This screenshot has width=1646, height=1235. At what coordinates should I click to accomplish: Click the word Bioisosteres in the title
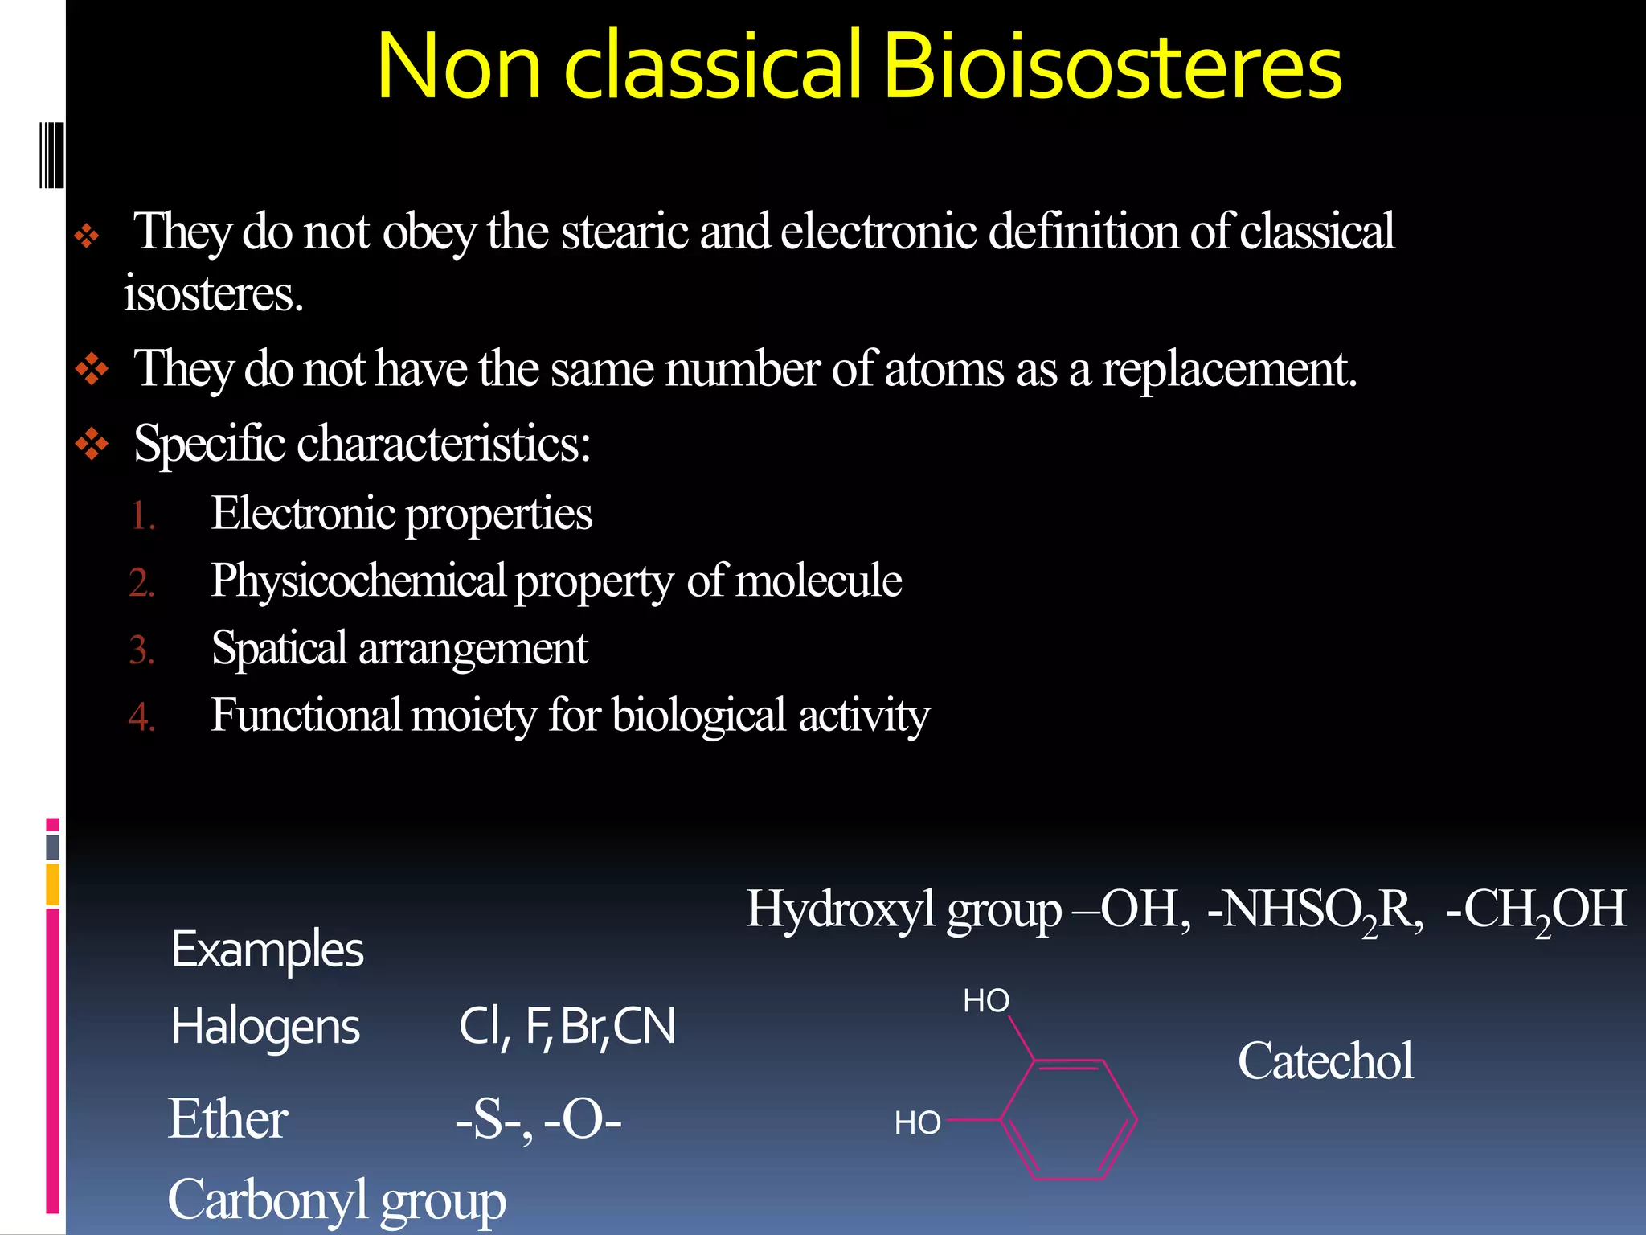click(x=1112, y=66)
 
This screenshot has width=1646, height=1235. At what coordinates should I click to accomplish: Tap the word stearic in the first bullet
click(x=626, y=232)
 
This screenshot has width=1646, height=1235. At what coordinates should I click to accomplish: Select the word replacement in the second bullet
click(x=1229, y=370)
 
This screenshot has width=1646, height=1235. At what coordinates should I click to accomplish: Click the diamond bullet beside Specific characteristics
click(x=92, y=443)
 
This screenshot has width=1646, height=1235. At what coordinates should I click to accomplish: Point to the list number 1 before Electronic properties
click(x=141, y=515)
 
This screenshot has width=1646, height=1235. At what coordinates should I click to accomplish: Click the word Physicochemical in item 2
click(x=358, y=581)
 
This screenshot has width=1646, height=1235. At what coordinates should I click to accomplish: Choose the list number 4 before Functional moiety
click(x=141, y=716)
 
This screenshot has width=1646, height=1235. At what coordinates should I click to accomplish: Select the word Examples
click(x=268, y=950)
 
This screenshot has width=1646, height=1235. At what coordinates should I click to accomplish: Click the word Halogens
click(x=265, y=1028)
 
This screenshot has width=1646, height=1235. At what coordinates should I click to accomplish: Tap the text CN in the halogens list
click(x=645, y=1027)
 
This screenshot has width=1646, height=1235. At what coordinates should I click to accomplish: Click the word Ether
click(x=227, y=1119)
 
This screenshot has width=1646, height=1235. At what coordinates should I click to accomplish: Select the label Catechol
click(x=1325, y=1061)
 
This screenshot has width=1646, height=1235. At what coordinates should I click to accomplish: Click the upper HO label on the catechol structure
click(x=986, y=1001)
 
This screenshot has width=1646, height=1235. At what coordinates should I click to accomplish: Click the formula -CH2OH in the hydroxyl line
click(x=1536, y=911)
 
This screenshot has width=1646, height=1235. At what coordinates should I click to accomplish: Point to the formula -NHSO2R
click(x=1315, y=911)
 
